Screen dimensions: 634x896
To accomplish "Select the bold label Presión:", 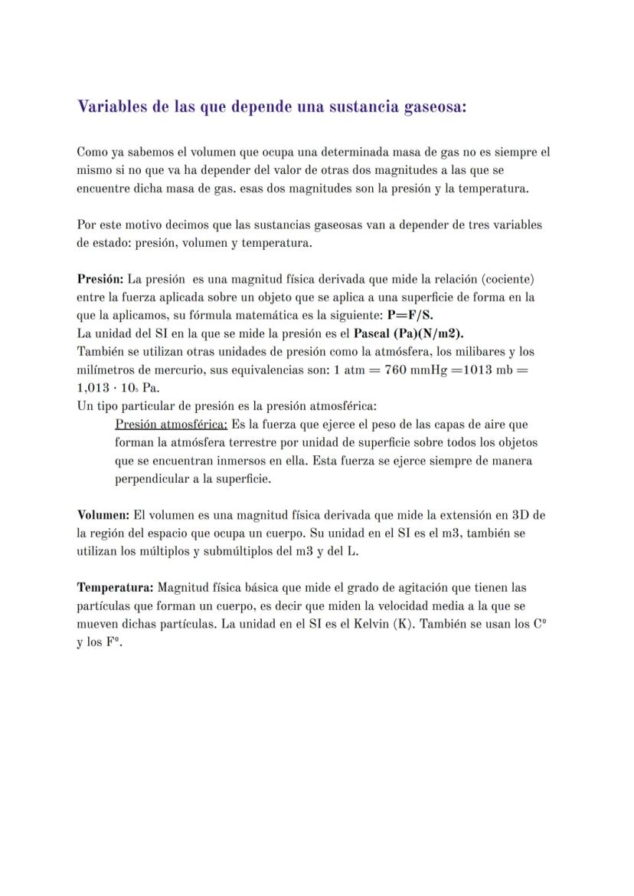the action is pos(100,278).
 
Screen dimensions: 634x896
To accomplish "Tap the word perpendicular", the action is pos(152,479).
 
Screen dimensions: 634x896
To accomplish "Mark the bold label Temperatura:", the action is pos(115,588).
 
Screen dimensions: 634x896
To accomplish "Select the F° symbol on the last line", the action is pos(116,642).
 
